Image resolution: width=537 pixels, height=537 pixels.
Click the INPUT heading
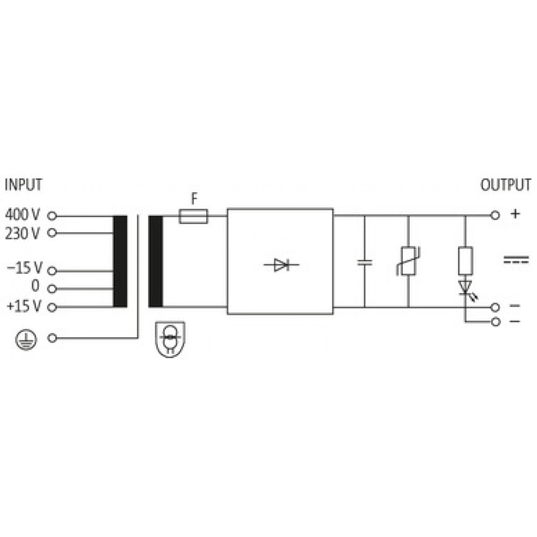23,185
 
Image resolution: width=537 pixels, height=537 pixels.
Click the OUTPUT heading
506,185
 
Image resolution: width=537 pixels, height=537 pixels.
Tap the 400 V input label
23,215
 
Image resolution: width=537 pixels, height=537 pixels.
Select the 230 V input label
23,233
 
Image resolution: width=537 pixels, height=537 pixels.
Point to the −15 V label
24,268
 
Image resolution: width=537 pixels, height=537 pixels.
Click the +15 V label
24,306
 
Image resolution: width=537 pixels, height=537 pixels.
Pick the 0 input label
35,286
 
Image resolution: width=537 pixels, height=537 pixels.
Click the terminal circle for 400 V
52,216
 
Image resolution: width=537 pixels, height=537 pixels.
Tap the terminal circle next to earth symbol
52,338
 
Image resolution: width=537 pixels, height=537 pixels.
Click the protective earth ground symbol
26,339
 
